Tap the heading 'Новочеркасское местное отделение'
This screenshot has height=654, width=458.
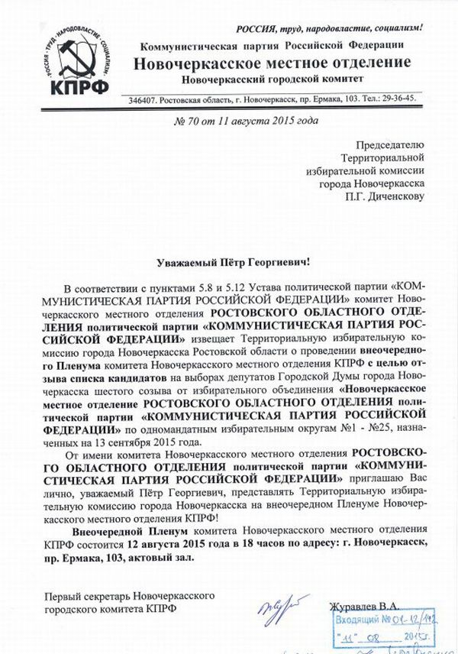[273, 62]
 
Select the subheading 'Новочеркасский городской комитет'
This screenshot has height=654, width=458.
[272, 79]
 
